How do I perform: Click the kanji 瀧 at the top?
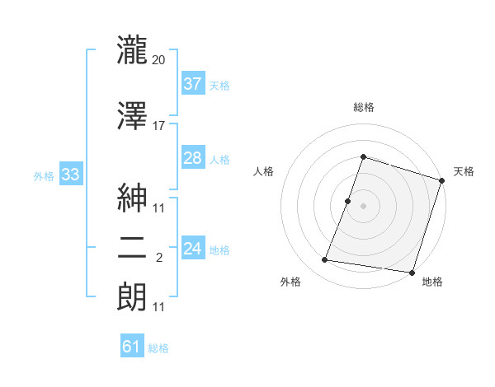click(132, 51)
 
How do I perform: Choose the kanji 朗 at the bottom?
click(132, 298)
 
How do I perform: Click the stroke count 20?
click(159, 60)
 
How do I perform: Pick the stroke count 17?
click(159, 126)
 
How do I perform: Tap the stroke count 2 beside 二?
click(159, 258)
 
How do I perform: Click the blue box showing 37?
click(192, 83)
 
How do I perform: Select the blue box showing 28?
click(192, 158)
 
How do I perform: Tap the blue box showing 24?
click(192, 248)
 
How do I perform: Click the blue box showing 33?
click(69, 174)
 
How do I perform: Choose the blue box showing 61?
click(132, 347)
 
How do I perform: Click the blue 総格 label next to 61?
click(158, 348)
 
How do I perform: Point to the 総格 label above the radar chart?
click(364, 107)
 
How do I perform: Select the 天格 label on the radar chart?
click(464, 171)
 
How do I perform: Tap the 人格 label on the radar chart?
click(264, 171)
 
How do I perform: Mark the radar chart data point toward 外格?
click(325, 260)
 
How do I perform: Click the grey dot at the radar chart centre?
click(364, 206)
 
